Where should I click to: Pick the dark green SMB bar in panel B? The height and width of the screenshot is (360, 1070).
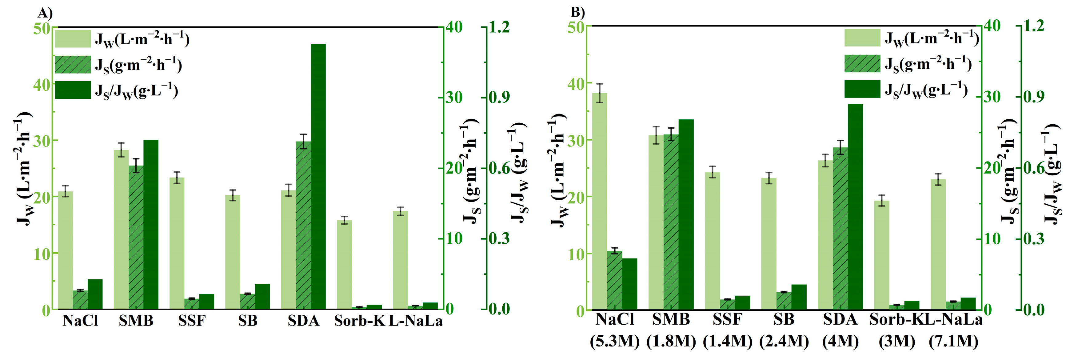click(x=686, y=214)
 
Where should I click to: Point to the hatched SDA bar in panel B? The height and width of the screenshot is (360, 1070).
click(x=840, y=228)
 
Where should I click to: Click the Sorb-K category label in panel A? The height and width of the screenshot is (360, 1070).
click(x=360, y=321)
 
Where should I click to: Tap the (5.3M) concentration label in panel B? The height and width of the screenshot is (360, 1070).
click(x=614, y=341)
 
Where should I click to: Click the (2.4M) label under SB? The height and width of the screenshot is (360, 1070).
click(x=784, y=341)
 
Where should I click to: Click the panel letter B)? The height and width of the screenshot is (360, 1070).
click(x=577, y=12)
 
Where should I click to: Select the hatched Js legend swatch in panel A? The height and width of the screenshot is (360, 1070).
click(x=73, y=64)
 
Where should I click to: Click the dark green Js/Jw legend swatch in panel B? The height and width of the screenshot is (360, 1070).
click(x=862, y=89)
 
